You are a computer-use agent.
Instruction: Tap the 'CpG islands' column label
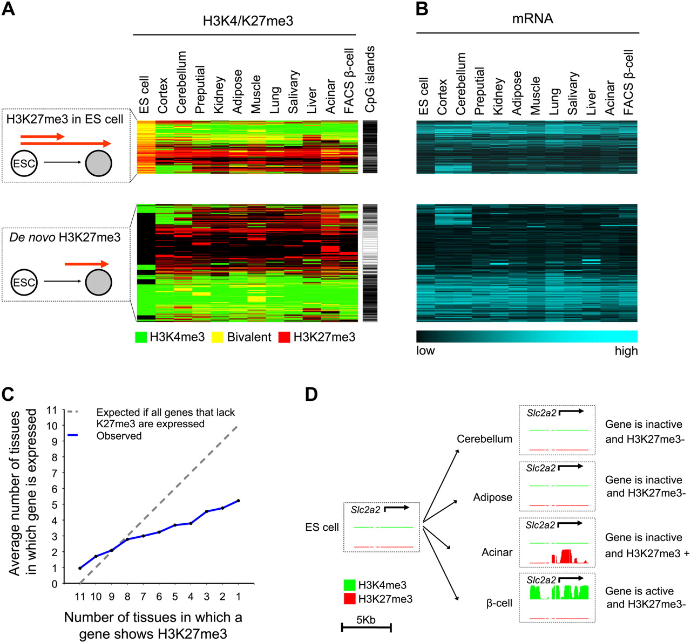[369, 79]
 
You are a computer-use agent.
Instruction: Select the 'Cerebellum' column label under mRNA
[460, 84]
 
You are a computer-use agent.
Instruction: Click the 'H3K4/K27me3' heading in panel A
[248, 20]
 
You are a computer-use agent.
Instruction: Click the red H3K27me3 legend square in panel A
[284, 338]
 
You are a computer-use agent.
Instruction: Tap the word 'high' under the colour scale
[626, 351]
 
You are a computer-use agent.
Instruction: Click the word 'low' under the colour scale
[425, 351]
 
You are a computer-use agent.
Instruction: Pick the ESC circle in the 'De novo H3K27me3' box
[24, 282]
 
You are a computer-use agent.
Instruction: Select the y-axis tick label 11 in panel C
[52, 410]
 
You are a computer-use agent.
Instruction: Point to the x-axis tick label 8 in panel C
[127, 597]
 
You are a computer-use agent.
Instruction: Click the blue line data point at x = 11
[80, 568]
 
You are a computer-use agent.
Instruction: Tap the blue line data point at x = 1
[238, 501]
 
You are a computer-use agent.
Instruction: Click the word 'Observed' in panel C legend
[119, 435]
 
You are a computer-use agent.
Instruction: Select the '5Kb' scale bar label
[366, 620]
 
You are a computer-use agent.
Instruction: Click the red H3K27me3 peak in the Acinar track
[566, 556]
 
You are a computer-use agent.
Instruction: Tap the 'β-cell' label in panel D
[499, 603]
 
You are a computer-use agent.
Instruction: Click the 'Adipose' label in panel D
[492, 497]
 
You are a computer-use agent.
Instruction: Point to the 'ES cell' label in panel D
[322, 527]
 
